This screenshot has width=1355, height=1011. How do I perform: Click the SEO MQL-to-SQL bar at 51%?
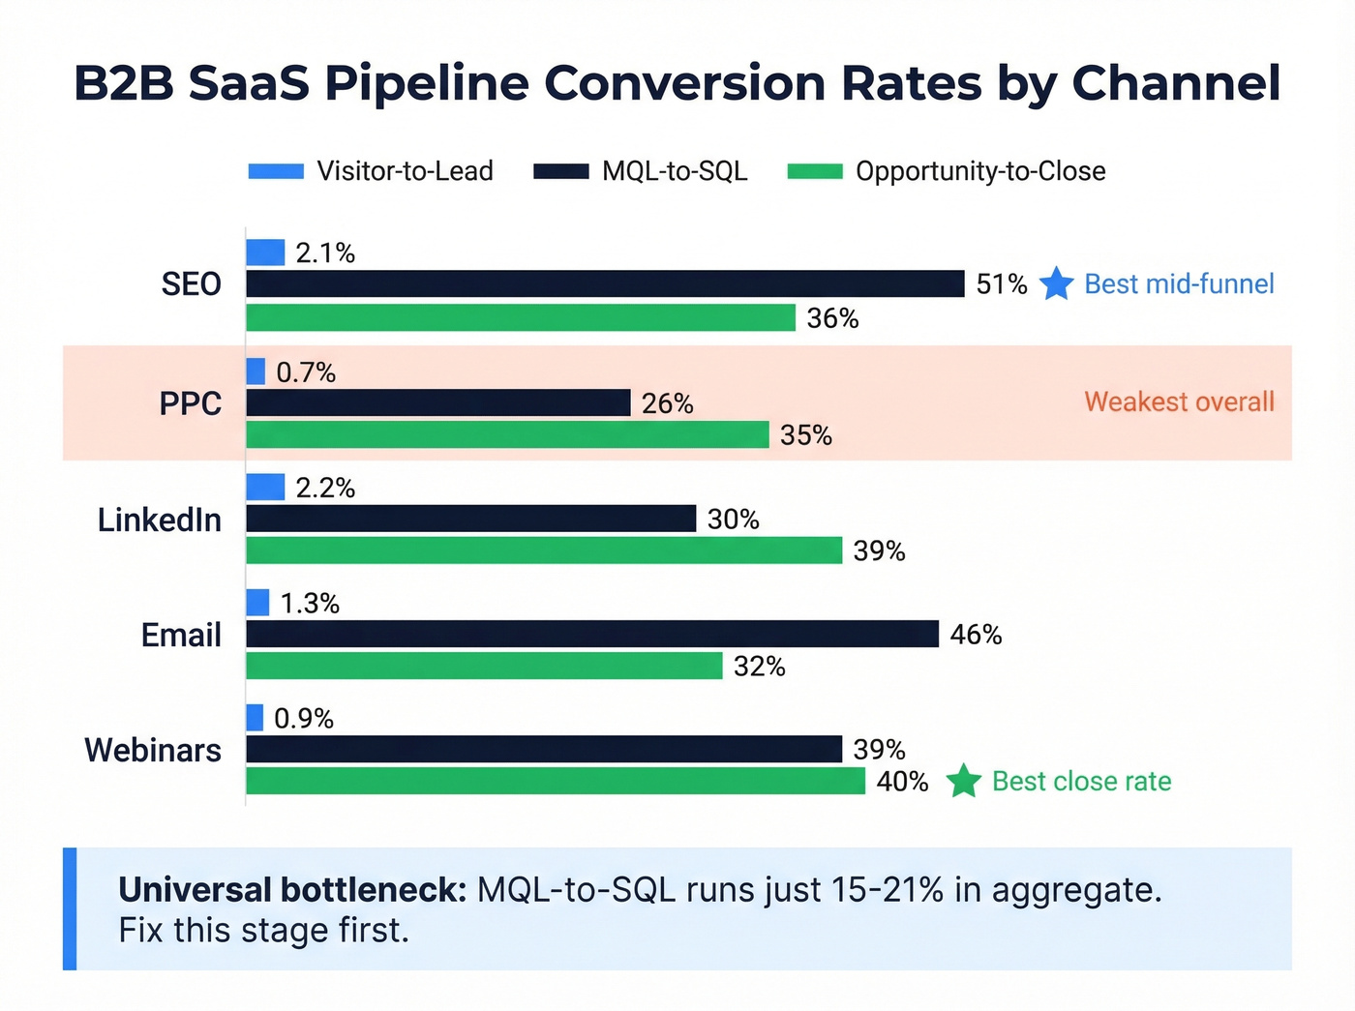coord(605,283)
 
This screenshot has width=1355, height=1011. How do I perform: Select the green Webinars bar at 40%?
coord(556,781)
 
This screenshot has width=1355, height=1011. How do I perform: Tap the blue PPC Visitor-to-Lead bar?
coord(256,372)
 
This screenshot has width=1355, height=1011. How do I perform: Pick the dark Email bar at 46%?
coord(592,634)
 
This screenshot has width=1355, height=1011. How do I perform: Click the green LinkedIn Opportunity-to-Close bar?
coord(544,550)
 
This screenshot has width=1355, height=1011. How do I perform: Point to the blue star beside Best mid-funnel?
coord(1056,284)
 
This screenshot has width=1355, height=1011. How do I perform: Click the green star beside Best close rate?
coord(963,781)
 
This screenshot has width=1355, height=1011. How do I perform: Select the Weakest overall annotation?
coord(1179,401)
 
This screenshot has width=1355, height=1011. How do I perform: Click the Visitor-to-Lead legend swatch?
coord(276,171)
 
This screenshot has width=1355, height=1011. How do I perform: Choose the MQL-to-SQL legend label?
coord(675,171)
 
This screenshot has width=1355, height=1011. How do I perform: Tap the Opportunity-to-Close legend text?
coord(980,171)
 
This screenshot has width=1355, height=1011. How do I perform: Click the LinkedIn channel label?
coord(160,520)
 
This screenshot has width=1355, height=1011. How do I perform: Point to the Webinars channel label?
coord(153,750)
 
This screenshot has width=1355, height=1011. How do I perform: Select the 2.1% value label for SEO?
coord(325,253)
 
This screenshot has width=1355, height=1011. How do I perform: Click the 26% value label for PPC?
coord(667,403)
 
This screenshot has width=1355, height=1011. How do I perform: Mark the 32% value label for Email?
coord(759,667)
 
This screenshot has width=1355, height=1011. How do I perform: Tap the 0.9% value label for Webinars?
coord(304,718)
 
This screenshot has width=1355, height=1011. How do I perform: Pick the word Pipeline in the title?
coord(427,82)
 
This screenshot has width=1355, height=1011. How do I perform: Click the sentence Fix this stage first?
coord(263,930)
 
